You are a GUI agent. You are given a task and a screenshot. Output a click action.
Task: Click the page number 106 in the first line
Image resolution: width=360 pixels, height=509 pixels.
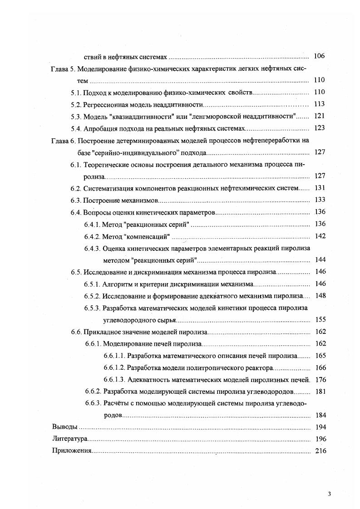pyautogui.click(x=319, y=57)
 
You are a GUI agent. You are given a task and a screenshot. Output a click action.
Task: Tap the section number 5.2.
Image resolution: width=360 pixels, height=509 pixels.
pyautogui.click(x=75, y=104)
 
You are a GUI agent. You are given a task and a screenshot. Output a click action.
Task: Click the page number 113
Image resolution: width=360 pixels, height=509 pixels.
pyautogui.click(x=319, y=104)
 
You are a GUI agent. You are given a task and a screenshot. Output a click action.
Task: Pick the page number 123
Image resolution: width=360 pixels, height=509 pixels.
pyautogui.click(x=319, y=128)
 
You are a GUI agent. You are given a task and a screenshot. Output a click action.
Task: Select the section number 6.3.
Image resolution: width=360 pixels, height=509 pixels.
pyautogui.click(x=75, y=200)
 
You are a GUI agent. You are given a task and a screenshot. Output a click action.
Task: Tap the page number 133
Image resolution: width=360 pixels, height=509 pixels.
pyautogui.click(x=319, y=200)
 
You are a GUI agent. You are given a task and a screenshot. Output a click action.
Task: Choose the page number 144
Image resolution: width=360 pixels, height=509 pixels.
pyautogui.click(x=319, y=260)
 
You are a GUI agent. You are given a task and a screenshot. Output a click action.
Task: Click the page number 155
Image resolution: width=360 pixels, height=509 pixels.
pyautogui.click(x=319, y=319)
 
